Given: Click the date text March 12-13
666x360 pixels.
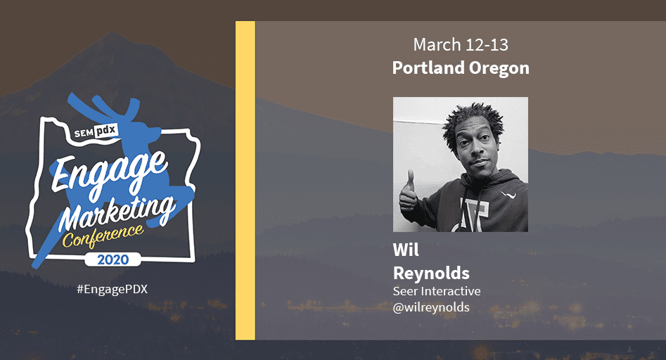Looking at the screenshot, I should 460,45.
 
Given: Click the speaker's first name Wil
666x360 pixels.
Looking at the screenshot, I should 406,250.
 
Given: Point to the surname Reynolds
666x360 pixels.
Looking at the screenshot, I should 431,272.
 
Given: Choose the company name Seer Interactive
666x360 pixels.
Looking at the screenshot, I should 436,291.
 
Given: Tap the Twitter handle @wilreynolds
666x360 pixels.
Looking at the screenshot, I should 431,307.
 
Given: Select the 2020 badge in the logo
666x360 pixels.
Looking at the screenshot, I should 113,259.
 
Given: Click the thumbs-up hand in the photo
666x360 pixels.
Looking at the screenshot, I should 408,193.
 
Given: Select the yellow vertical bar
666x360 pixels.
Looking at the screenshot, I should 245,180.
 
